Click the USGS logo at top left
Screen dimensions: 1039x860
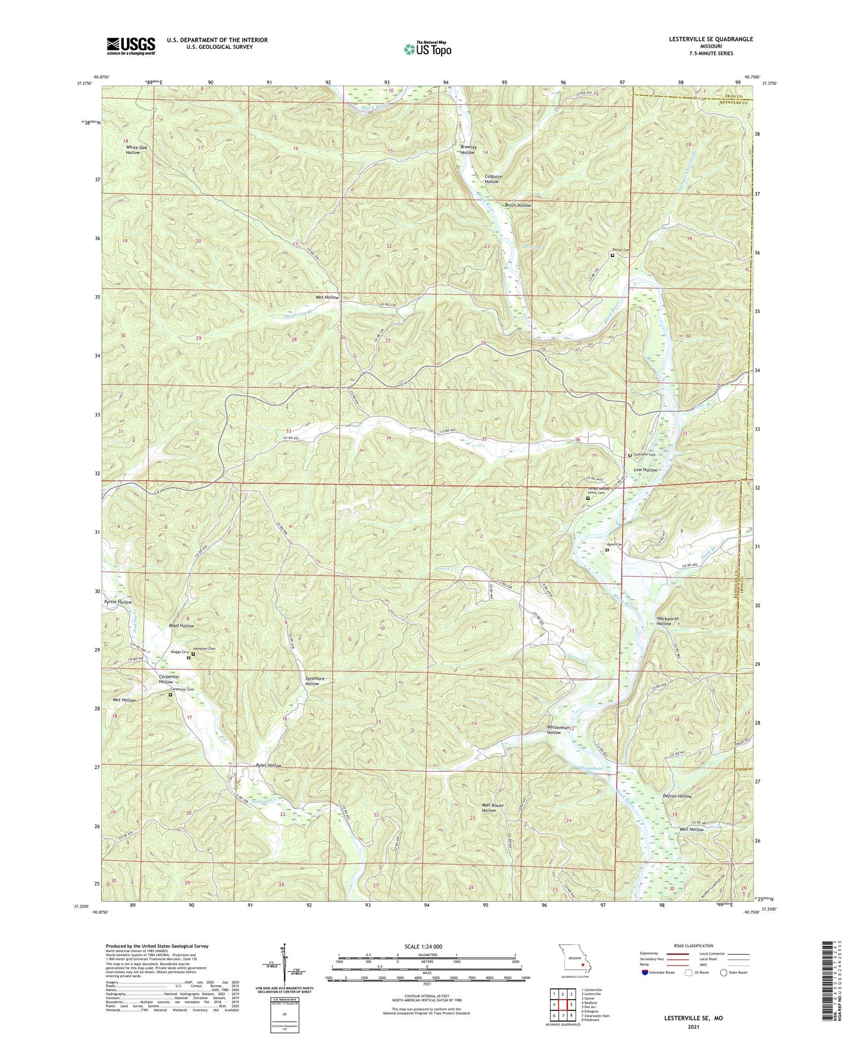[x=131, y=46]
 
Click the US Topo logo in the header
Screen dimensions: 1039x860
[x=427, y=49]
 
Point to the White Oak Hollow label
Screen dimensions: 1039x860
[x=133, y=149]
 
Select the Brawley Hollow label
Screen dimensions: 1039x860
[x=468, y=149]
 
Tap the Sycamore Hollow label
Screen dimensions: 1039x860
[x=312, y=681]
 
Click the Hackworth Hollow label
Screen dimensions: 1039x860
[x=668, y=621]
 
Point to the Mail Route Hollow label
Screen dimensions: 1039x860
[x=492, y=808]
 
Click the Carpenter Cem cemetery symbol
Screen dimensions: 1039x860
[x=170, y=694]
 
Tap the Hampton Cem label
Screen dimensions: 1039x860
[x=203, y=649]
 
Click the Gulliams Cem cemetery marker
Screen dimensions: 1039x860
[x=630, y=455]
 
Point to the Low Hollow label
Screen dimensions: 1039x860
[x=645, y=470]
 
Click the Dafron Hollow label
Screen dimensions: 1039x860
[x=677, y=796]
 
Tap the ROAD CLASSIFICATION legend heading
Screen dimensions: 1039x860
[x=693, y=946]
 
